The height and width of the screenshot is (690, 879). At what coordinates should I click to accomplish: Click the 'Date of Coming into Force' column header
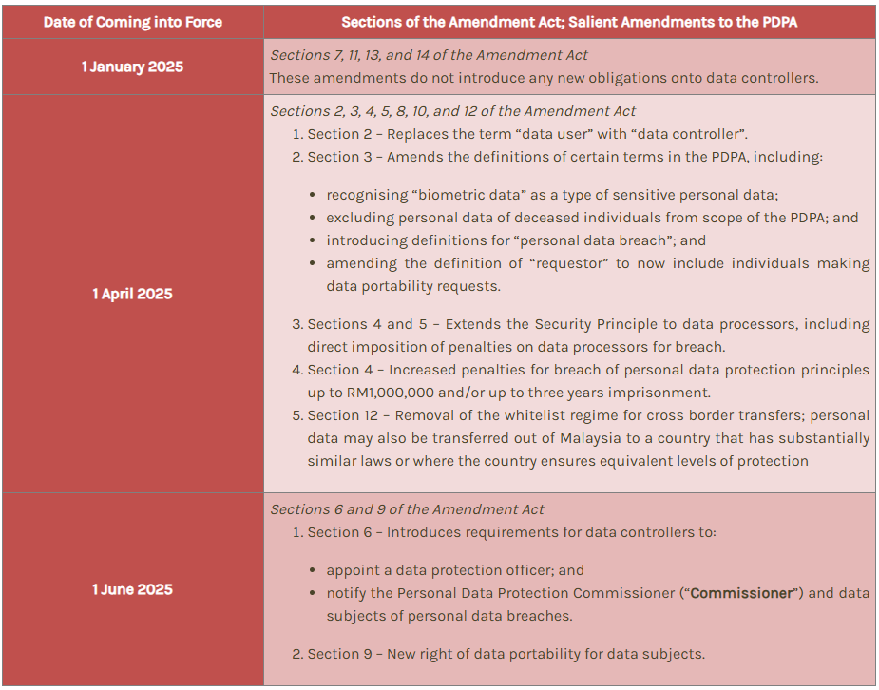coord(132,21)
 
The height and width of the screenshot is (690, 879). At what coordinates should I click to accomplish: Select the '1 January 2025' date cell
coord(132,67)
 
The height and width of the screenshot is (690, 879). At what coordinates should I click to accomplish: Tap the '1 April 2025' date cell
coord(132,294)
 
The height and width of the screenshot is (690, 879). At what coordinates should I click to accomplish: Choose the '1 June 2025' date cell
coord(132,589)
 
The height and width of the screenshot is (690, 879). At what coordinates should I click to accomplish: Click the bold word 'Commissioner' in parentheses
coord(741,593)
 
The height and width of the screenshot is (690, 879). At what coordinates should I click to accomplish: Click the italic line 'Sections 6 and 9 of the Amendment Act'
coord(407,509)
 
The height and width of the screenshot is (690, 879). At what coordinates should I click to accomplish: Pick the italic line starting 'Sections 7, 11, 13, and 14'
coord(429,55)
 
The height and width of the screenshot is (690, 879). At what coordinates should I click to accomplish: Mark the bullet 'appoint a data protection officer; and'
coord(454,570)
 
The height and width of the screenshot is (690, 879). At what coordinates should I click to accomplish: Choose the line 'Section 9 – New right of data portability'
coord(506,654)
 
